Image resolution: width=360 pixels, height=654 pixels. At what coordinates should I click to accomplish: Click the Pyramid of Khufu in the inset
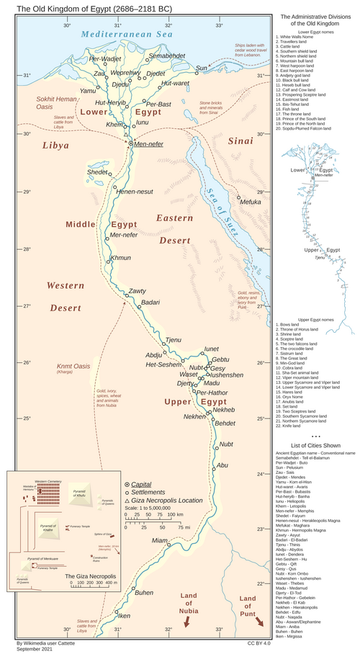pos(84,494)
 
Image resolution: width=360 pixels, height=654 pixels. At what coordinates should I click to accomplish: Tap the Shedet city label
pos(96,172)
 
